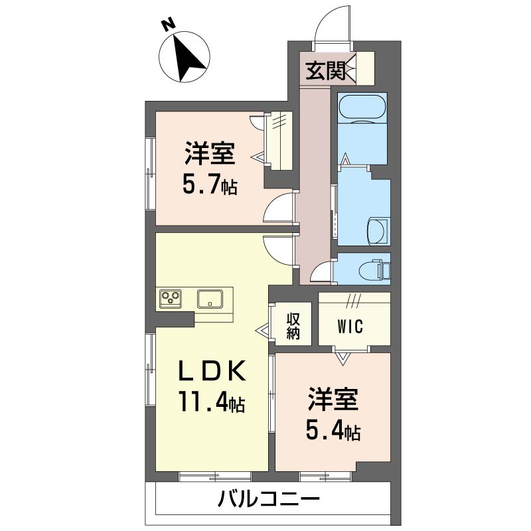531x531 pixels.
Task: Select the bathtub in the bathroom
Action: pos(362,108)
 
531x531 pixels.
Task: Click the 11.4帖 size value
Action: pos(211,402)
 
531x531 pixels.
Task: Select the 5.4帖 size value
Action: pos(333,431)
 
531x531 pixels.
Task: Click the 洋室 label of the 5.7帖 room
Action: pos(210,154)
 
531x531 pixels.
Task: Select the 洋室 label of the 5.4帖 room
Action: pos(333,401)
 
